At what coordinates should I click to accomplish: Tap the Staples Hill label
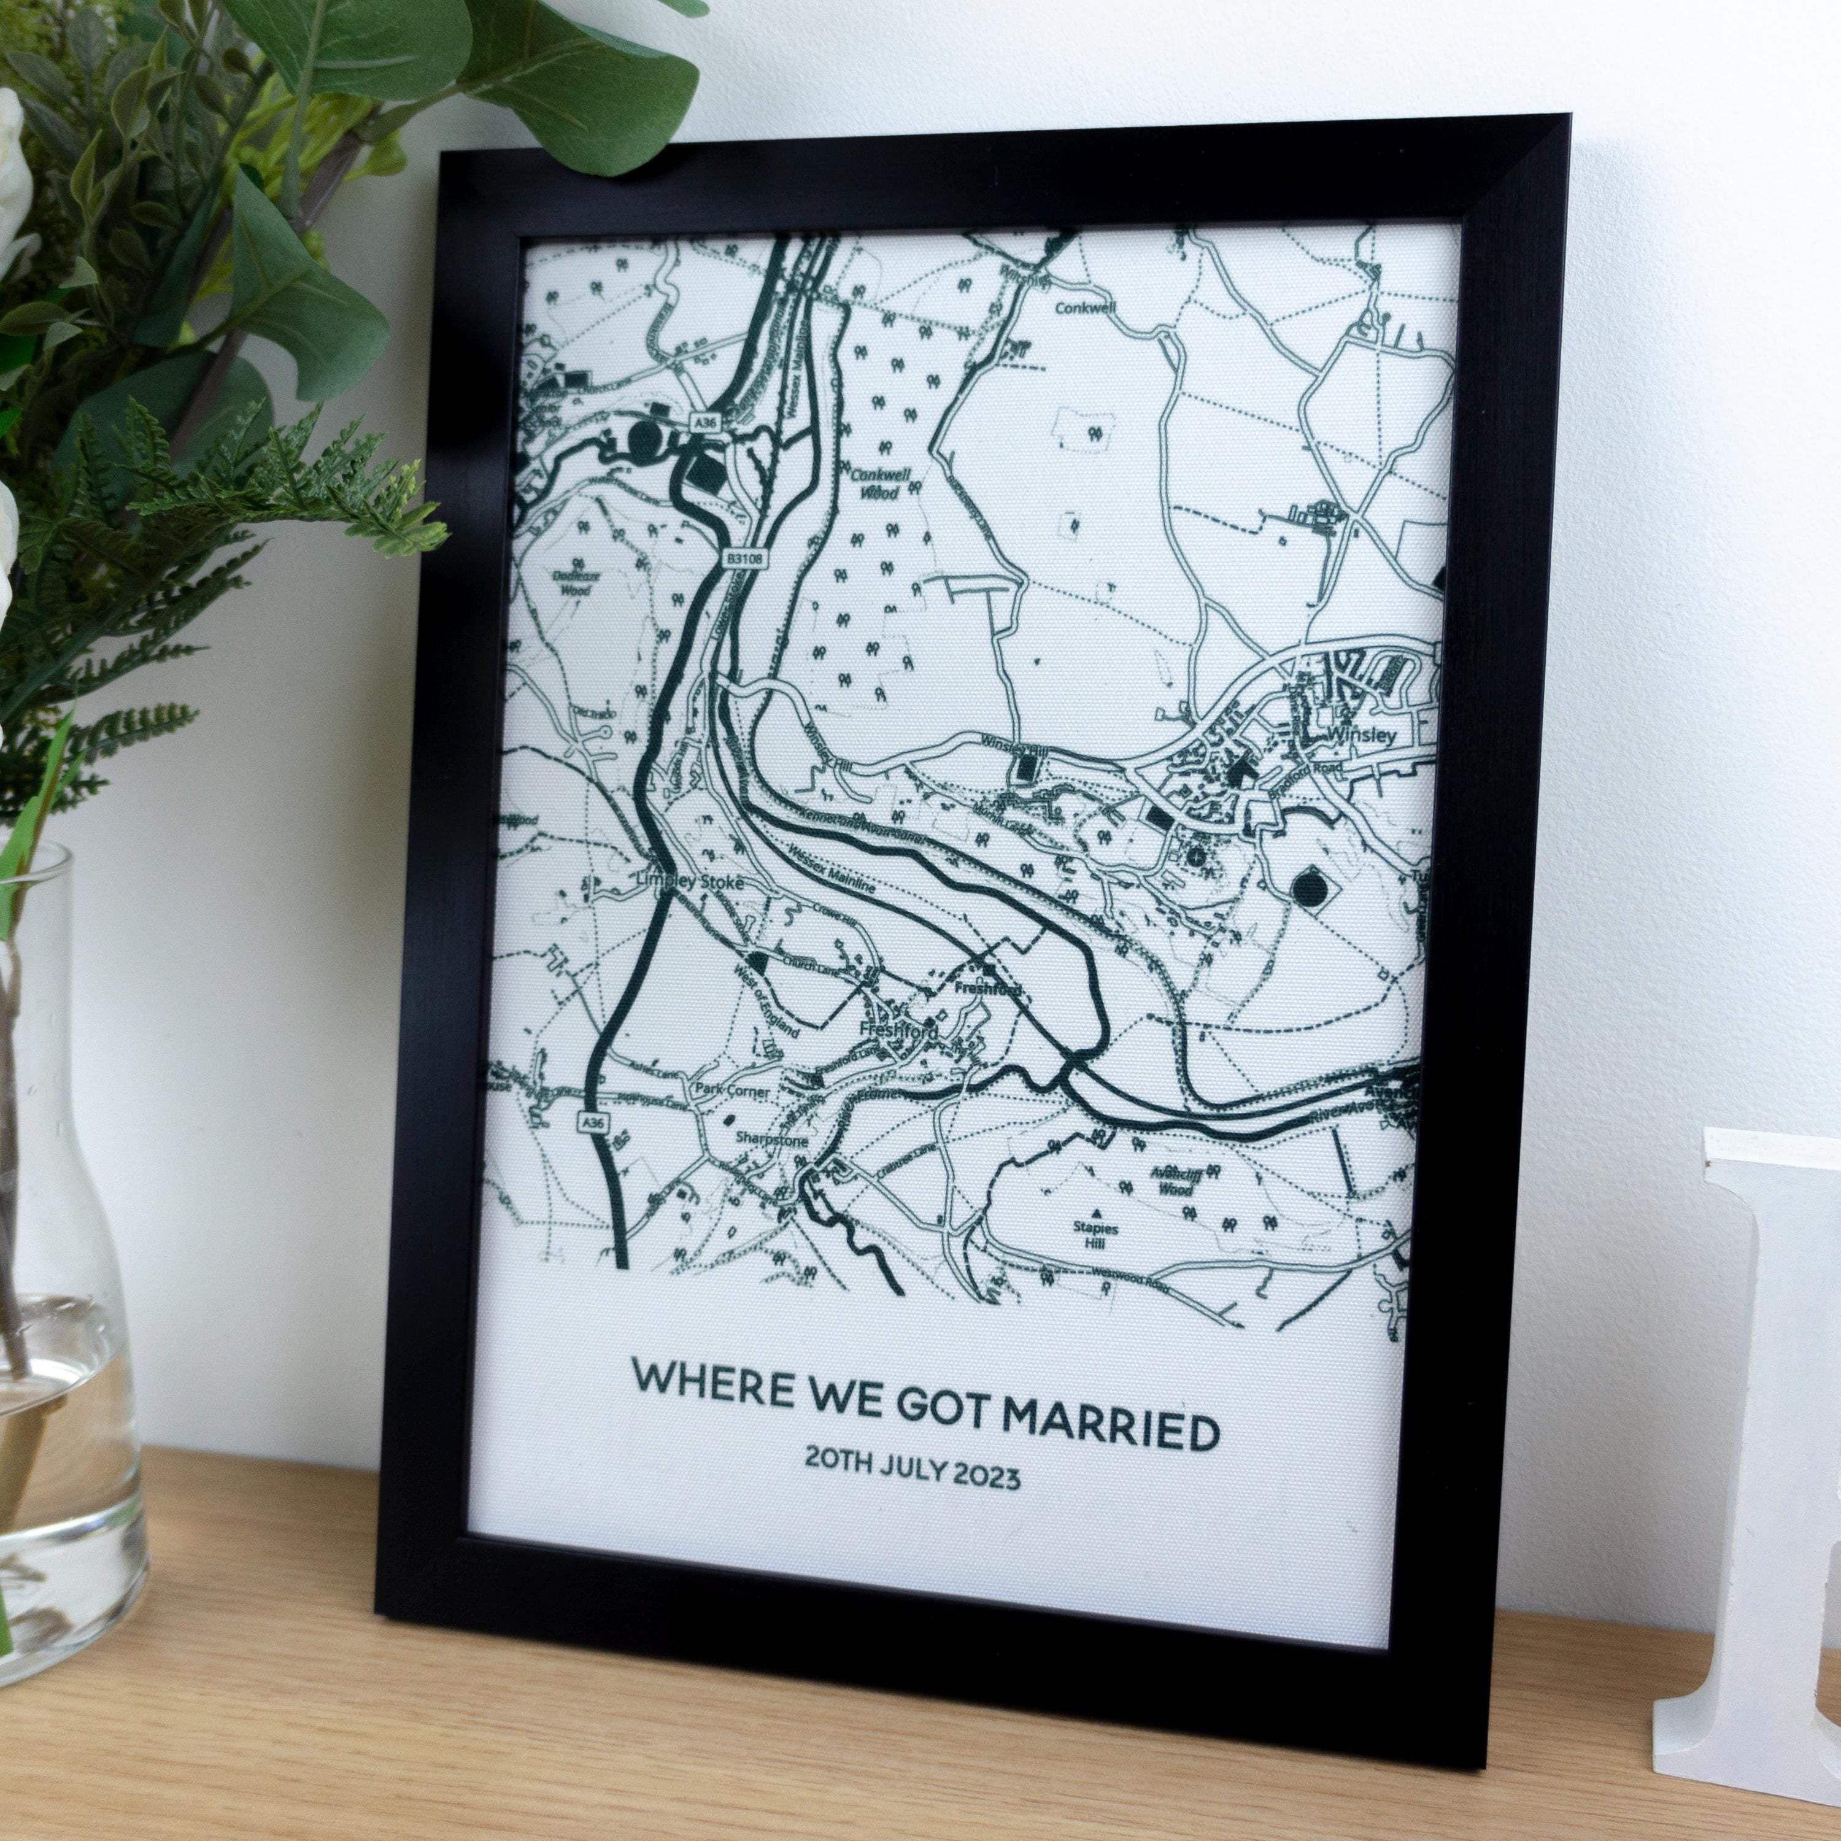click(x=1094, y=1235)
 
